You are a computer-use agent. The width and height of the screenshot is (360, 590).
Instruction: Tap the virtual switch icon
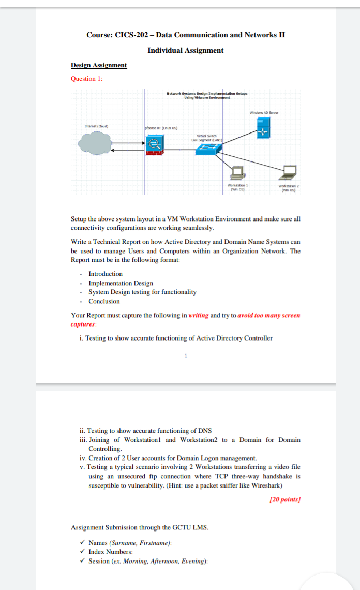(208, 149)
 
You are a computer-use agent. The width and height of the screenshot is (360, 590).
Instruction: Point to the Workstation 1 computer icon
(237, 171)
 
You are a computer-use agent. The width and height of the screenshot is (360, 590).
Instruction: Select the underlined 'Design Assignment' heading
(99, 65)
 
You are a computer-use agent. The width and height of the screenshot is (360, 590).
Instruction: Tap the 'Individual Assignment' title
(186, 50)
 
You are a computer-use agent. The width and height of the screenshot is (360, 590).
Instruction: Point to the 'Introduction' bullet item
(106, 274)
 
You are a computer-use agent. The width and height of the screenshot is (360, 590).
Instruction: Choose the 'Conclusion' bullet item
(104, 301)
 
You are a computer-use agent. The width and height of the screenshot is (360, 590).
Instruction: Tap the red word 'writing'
(199, 315)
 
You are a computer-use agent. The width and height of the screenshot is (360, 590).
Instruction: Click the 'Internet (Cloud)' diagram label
(96, 126)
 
